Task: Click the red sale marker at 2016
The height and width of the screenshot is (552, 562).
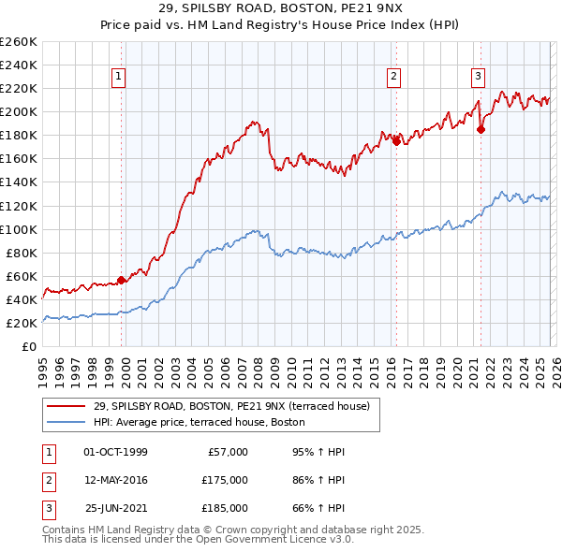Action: click(x=395, y=140)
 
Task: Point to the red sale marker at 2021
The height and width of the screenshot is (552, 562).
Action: click(x=481, y=130)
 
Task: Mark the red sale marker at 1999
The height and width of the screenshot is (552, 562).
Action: click(x=122, y=279)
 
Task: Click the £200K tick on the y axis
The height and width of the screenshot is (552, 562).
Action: click(x=19, y=111)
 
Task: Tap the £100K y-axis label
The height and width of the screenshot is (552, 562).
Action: click(x=19, y=229)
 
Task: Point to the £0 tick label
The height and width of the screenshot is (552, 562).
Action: click(x=30, y=346)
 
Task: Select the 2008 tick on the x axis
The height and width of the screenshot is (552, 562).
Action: click(x=266, y=364)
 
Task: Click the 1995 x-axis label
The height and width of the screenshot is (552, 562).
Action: click(x=43, y=364)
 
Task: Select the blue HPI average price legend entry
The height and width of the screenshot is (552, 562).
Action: click(x=199, y=422)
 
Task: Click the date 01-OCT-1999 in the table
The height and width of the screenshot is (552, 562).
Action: click(x=115, y=452)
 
